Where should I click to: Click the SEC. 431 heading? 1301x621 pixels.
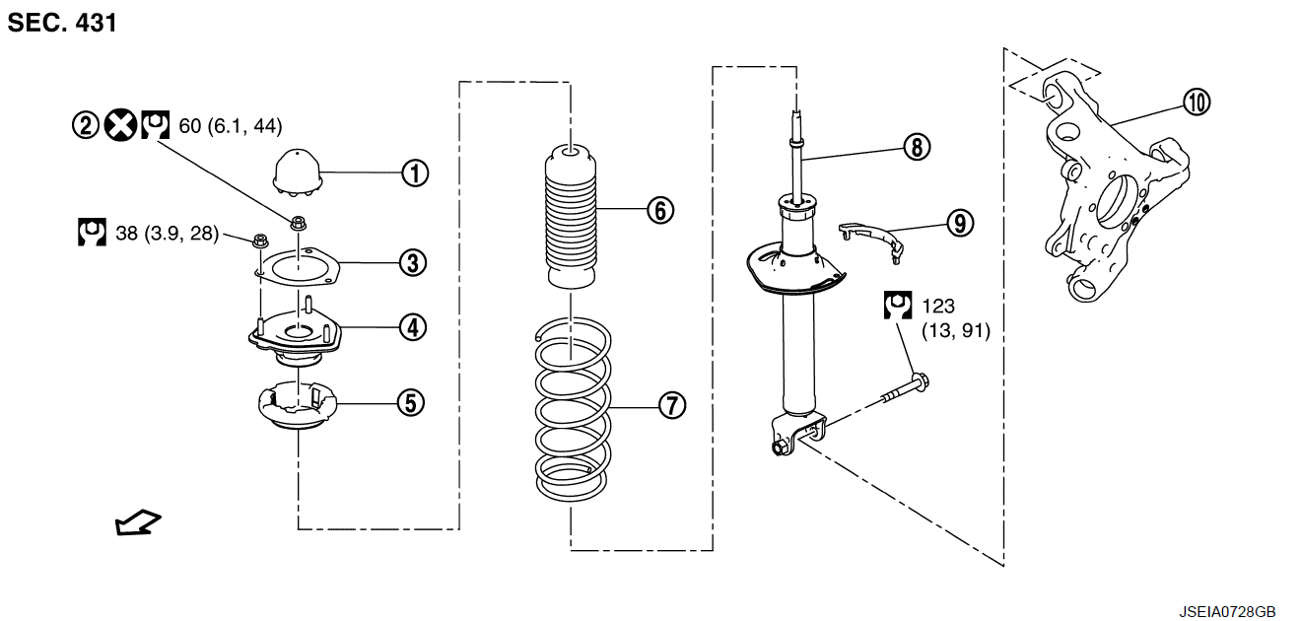[62, 23]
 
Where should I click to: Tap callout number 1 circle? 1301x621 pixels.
[415, 173]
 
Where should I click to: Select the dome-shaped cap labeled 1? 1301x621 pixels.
[298, 172]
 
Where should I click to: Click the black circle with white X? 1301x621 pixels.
[121, 125]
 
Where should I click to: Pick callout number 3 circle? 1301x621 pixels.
[413, 262]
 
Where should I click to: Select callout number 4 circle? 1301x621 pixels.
[413, 327]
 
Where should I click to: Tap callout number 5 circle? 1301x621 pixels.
[411, 402]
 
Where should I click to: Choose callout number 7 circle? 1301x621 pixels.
[672, 405]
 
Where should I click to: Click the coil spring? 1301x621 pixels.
[573, 409]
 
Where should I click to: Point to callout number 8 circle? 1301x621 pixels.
[917, 147]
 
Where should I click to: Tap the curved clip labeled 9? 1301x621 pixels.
[871, 238]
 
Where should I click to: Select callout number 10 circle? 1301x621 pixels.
[1198, 103]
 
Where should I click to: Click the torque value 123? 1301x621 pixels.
[938, 306]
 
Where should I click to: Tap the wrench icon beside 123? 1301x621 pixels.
[898, 305]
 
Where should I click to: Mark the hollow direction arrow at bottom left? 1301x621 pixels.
[138, 522]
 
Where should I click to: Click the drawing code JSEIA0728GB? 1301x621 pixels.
[1227, 612]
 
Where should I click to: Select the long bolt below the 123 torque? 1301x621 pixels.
[905, 389]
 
